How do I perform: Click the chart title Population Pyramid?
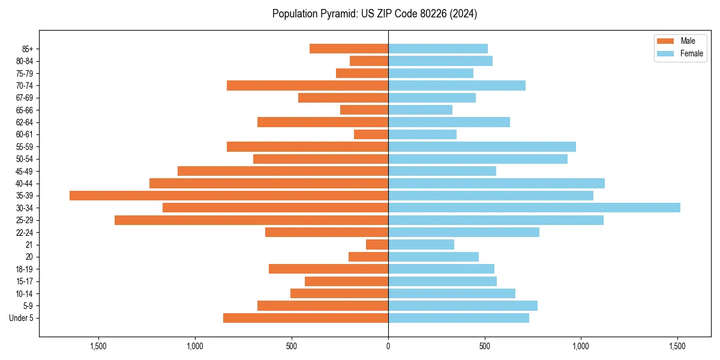[374, 14]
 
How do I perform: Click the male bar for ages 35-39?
[229, 196]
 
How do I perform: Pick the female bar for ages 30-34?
[534, 208]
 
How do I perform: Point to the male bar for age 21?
[377, 244]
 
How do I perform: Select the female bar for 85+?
[438, 49]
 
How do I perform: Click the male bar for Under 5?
[305, 318]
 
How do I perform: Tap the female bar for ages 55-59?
[482, 146]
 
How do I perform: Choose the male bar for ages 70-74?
[307, 85]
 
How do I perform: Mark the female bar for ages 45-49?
[442, 171]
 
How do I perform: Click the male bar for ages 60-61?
[371, 134]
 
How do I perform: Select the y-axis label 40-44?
[25, 184]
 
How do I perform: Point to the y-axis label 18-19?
[25, 269]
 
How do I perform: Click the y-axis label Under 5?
[21, 318]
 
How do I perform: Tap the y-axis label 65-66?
[25, 110]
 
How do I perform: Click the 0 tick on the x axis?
[388, 346]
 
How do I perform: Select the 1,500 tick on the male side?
[98, 346]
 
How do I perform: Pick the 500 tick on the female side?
[485, 346]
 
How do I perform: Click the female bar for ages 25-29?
[496, 220]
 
